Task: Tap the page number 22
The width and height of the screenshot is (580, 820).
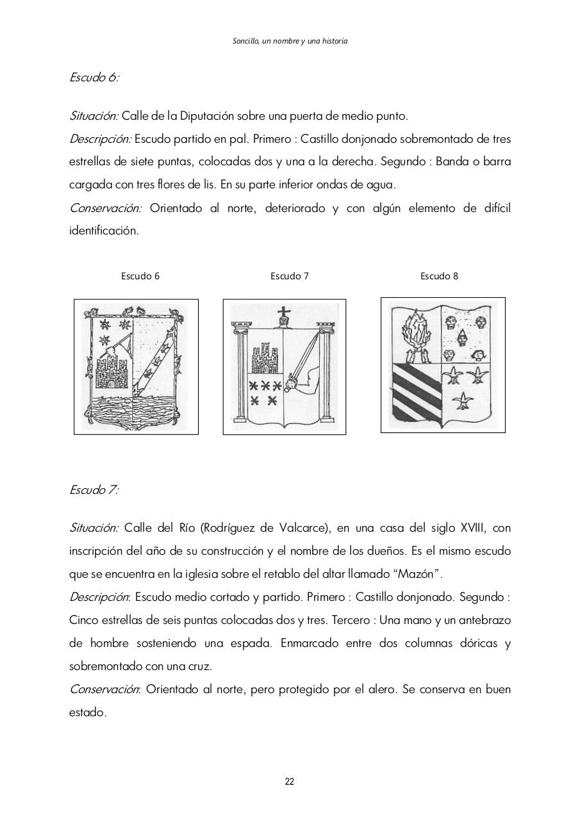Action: (290, 782)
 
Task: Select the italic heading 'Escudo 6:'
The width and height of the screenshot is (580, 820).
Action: (94, 78)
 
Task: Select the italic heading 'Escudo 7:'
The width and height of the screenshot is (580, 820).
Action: (94, 490)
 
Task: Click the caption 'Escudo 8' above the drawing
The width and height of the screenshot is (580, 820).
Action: (439, 276)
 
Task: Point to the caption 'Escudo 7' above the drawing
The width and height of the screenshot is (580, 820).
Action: (290, 276)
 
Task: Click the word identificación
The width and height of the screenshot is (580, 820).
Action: (104, 231)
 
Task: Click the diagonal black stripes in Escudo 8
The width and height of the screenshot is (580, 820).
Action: (417, 391)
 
